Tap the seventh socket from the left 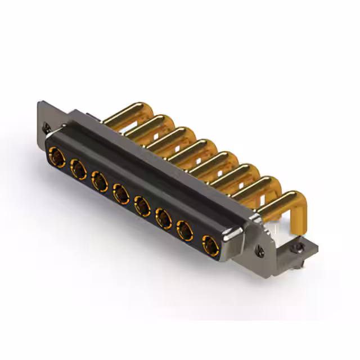pos(184,230)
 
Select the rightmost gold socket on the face pos(210,244)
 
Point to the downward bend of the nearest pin pos(297,208)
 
